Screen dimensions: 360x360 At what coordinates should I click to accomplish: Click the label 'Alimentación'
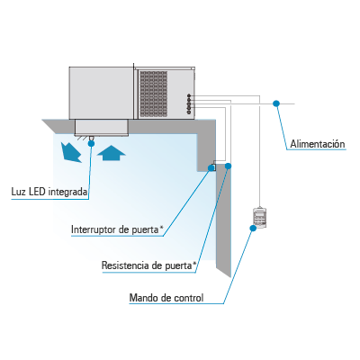pos(318,144)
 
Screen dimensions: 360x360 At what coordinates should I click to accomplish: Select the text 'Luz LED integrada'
pos(49,192)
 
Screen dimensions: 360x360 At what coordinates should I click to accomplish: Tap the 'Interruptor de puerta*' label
pos(117,229)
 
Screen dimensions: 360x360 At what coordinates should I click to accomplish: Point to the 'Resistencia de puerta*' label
pos(149,265)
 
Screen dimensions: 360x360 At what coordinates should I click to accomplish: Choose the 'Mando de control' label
pos(166,298)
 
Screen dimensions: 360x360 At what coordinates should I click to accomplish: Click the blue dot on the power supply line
pos(276,103)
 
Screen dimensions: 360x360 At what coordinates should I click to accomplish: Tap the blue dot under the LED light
pos(91,143)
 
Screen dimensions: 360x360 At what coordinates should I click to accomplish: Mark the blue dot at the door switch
pos(211,167)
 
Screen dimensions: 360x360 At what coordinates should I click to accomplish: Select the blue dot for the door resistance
pos(228,166)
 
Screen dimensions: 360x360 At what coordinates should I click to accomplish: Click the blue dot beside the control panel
pos(253,228)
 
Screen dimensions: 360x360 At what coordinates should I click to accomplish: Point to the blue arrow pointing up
pos(111,153)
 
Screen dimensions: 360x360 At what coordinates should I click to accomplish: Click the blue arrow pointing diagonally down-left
pos(71,152)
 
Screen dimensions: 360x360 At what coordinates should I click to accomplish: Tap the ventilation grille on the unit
pos(154,94)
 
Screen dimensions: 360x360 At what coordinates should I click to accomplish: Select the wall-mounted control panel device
pos(260,217)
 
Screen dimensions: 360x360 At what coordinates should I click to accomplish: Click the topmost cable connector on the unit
pos(189,96)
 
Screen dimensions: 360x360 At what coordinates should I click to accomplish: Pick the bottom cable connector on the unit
pos(189,112)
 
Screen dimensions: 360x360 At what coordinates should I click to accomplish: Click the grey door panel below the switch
pos(223,219)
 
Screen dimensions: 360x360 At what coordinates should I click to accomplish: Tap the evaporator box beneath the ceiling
pos(102,128)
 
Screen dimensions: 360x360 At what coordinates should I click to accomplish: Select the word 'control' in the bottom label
pos(189,298)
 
